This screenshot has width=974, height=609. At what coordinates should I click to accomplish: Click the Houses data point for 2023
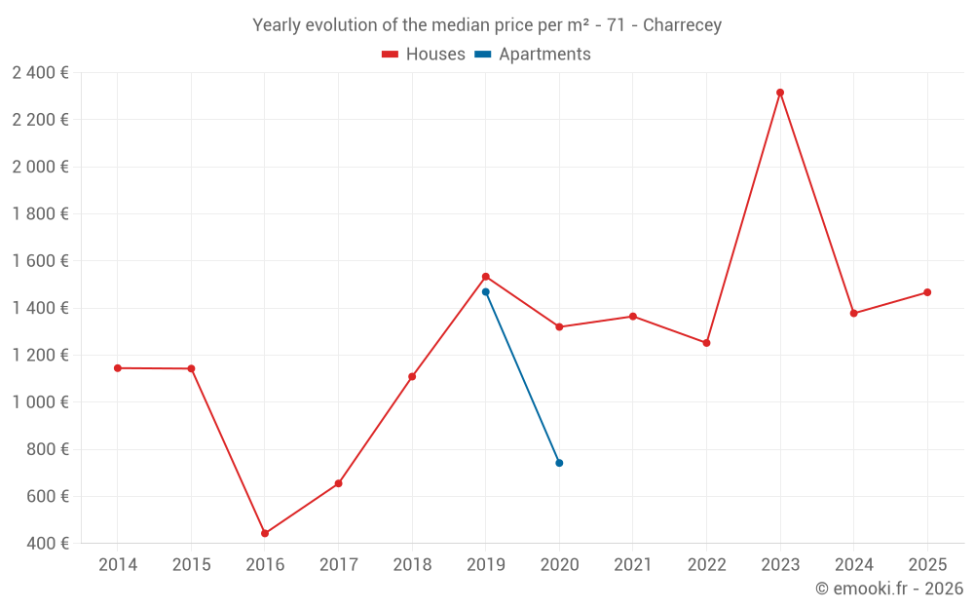click(780, 93)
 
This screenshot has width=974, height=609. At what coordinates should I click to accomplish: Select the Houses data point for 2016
click(265, 533)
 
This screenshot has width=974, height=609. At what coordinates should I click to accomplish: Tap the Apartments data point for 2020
click(559, 463)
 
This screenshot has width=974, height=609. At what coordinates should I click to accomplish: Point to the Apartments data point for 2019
click(486, 291)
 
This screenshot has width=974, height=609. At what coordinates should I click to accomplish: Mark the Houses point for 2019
click(486, 277)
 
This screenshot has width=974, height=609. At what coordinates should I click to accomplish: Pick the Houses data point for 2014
click(118, 368)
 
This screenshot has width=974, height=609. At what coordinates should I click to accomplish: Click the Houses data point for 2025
click(927, 292)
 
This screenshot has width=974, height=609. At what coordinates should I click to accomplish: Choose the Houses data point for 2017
click(338, 483)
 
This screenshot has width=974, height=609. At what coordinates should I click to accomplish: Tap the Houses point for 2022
click(706, 343)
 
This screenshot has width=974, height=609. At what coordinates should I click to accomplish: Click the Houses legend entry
click(424, 55)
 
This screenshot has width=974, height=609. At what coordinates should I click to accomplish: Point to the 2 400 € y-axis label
click(41, 73)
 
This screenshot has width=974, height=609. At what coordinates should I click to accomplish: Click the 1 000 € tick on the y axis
click(41, 402)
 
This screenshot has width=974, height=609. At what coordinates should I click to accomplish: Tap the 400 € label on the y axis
click(47, 544)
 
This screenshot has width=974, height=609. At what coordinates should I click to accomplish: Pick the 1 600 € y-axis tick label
click(41, 261)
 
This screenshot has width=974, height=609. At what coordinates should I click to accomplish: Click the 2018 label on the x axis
click(412, 565)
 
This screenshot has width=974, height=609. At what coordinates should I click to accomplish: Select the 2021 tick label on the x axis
click(633, 565)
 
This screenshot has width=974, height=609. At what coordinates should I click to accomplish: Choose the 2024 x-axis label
click(853, 565)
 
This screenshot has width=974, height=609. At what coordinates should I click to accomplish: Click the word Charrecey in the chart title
click(682, 25)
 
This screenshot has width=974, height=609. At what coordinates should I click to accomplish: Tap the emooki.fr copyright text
click(889, 589)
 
